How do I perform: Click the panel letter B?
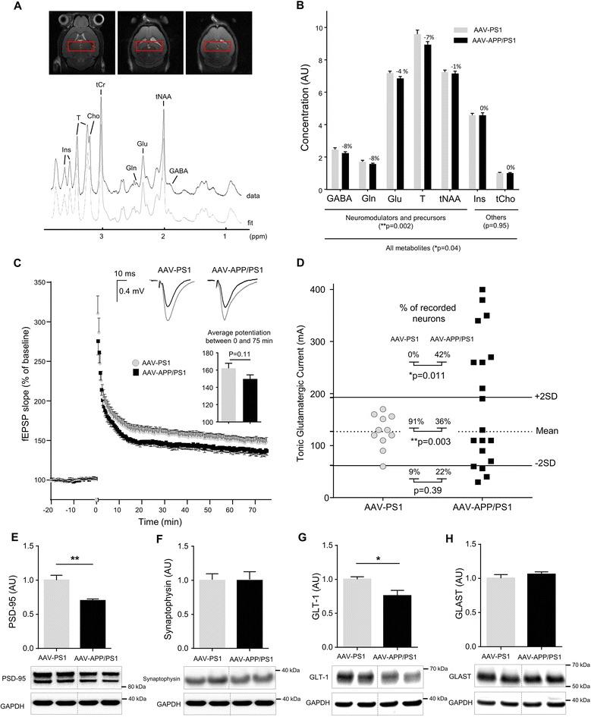[300, 7]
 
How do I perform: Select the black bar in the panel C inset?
[247, 400]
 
